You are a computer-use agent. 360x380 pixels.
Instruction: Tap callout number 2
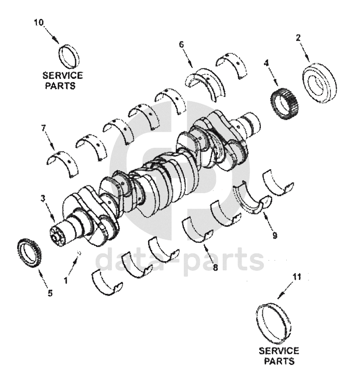click(x=298, y=37)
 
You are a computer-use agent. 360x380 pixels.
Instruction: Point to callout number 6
click(x=181, y=45)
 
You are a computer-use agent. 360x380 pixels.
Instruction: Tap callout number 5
click(x=50, y=293)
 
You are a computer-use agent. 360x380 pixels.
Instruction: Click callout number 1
click(x=66, y=280)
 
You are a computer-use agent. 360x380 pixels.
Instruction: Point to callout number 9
click(x=275, y=235)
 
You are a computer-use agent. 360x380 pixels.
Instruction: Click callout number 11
click(x=297, y=278)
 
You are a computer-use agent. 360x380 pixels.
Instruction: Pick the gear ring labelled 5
click(x=29, y=253)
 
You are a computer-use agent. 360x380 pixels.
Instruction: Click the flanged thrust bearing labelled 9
click(x=252, y=199)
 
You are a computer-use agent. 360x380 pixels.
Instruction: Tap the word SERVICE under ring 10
click(x=63, y=76)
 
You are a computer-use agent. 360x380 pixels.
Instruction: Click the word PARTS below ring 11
click(x=278, y=360)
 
